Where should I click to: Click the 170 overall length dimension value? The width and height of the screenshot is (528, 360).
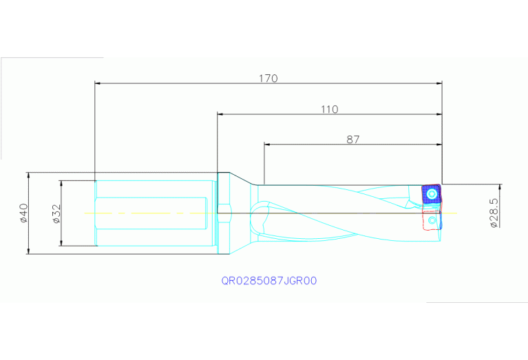pyautogui.click(x=268, y=78)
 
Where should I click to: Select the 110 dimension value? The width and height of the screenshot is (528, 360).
pyautogui.click(x=329, y=109)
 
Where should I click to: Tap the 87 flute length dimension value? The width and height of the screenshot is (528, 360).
pyautogui.click(x=352, y=139)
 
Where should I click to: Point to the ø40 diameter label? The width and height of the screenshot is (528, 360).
pyautogui.click(x=23, y=213)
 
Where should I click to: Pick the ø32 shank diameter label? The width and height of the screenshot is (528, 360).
pyautogui.click(x=56, y=213)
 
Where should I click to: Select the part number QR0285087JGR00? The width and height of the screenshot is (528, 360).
pyautogui.click(x=268, y=281)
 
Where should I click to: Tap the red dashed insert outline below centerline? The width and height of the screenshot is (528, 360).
pyautogui.click(x=430, y=221)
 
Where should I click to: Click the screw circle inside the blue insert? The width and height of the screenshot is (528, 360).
pyautogui.click(x=431, y=195)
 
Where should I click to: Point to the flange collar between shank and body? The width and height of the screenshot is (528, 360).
pyautogui.click(x=223, y=213)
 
